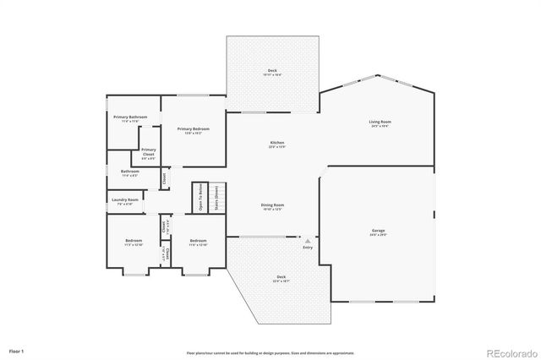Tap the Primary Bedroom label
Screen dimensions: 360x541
[x=193, y=128]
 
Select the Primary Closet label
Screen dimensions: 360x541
[x=148, y=150]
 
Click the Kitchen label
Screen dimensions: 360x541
[x=276, y=142]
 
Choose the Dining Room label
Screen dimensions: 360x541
[x=271, y=205]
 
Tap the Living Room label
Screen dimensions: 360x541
[x=379, y=123]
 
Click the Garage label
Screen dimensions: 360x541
[x=378, y=230]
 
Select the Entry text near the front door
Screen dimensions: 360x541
[x=307, y=247]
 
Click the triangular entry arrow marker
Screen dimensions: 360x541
[x=307, y=240]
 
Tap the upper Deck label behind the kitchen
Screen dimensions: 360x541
[x=272, y=71]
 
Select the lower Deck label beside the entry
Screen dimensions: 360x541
[x=281, y=278]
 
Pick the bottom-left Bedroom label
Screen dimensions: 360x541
[x=134, y=241]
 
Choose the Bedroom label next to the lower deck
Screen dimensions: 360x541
[x=198, y=241]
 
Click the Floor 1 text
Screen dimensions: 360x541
[x=17, y=350]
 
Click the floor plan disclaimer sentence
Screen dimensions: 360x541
[x=270, y=352]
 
